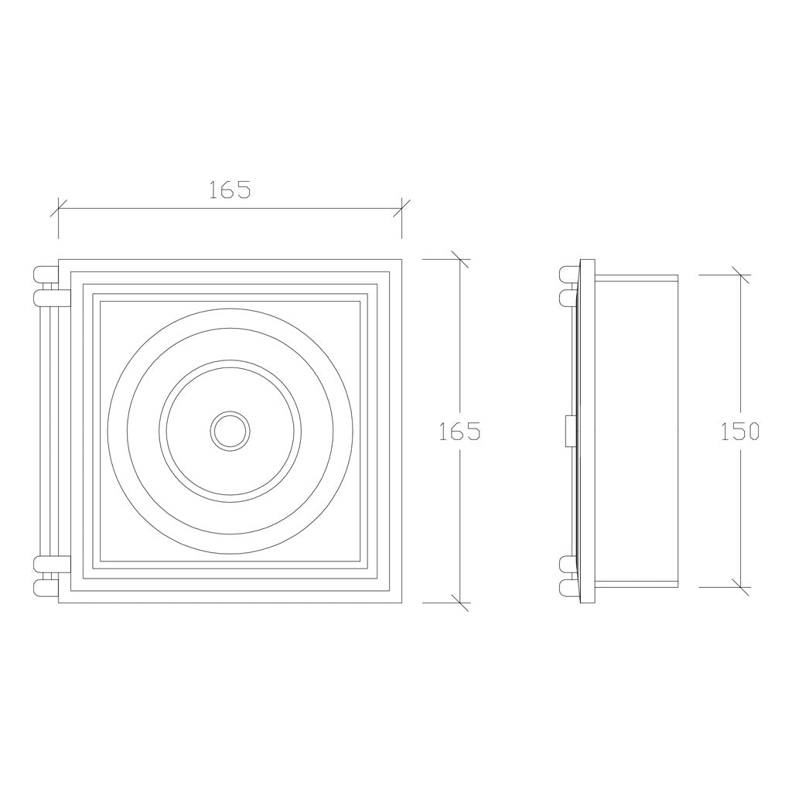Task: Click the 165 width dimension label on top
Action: click(x=230, y=189)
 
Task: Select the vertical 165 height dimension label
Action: click(x=459, y=431)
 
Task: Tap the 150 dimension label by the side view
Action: click(x=740, y=431)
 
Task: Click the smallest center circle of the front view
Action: click(x=230, y=431)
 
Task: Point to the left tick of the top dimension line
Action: click(x=59, y=207)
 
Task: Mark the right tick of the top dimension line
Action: click(x=401, y=207)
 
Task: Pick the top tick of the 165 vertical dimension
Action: click(x=460, y=259)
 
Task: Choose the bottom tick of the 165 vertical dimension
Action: click(x=460, y=603)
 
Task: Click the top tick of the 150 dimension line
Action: click(x=741, y=275)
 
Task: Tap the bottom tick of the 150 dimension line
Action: click(x=741, y=588)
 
